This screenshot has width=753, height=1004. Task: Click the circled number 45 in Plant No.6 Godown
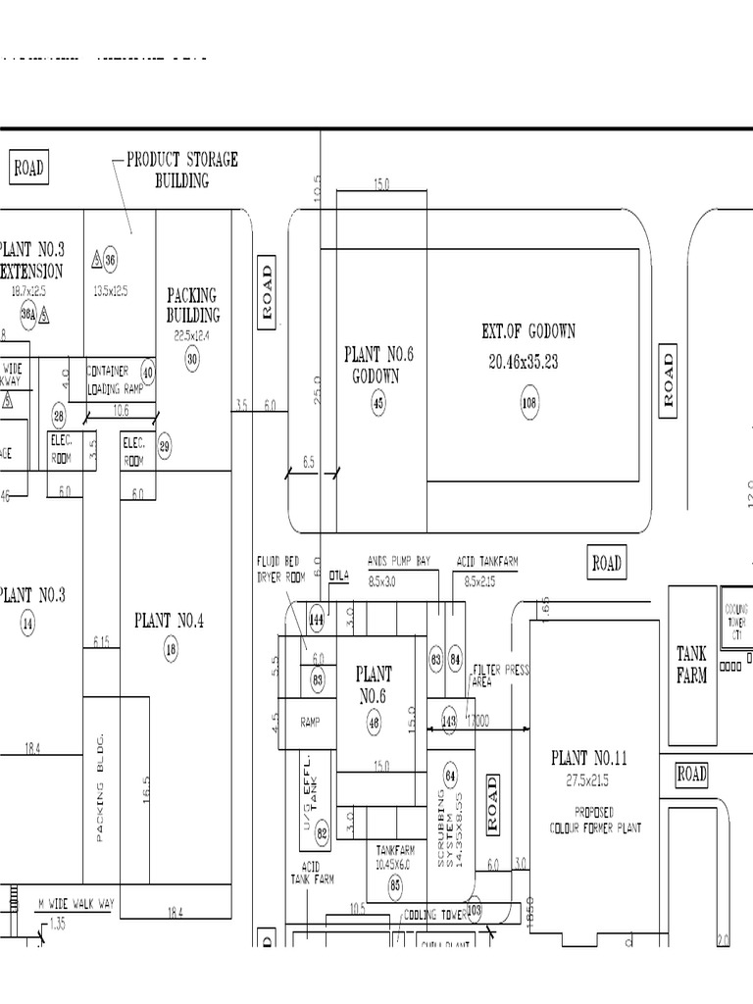click(378, 401)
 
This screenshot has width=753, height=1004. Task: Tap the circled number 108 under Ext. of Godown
click(529, 401)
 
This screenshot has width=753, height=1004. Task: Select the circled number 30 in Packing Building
click(192, 359)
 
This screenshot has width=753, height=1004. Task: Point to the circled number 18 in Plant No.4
click(171, 648)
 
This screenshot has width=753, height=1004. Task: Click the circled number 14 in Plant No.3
click(27, 623)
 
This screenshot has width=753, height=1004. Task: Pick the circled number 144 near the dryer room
click(317, 620)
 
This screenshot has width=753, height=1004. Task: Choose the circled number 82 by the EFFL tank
click(322, 833)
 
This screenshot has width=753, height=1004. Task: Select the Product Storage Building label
click(181, 170)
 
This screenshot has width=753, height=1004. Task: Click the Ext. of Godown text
click(528, 331)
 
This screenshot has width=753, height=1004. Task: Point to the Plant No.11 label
click(589, 758)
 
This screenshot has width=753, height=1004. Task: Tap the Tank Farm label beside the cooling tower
click(691, 664)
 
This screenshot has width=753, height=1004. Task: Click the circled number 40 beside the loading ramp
click(148, 373)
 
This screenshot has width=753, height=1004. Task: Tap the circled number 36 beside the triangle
click(111, 260)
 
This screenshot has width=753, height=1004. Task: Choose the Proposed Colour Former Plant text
click(595, 820)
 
